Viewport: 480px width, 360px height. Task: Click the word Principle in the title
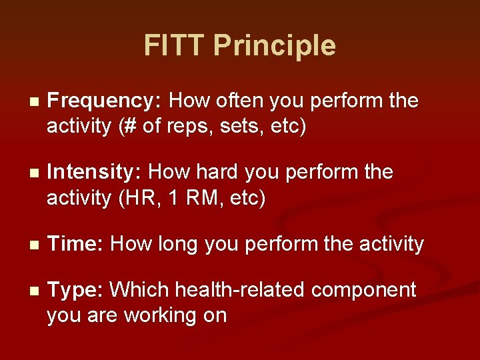click(x=275, y=46)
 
